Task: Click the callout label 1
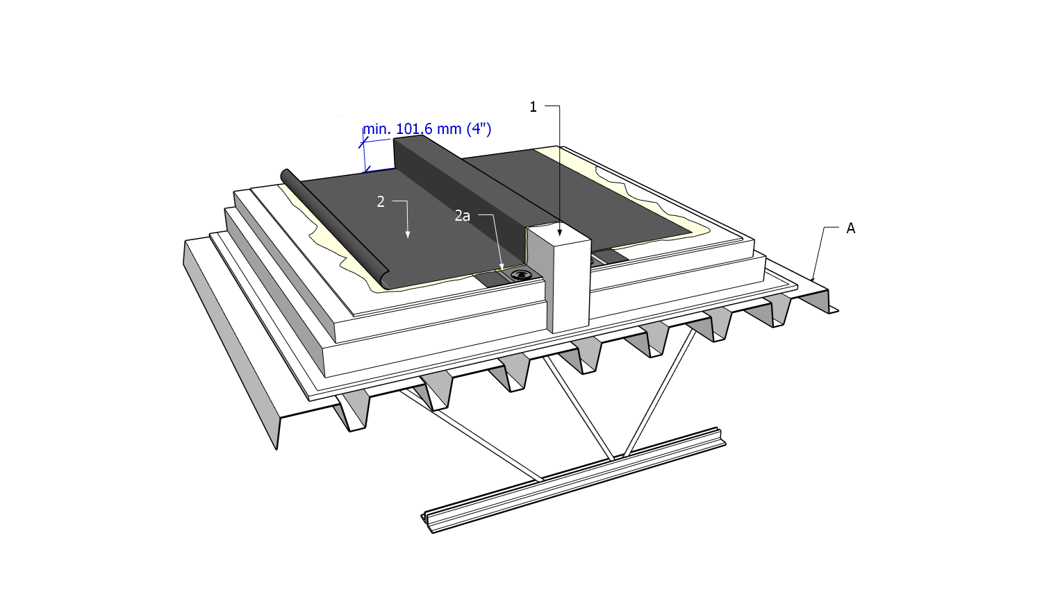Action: (x=533, y=107)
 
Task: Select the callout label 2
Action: (x=381, y=202)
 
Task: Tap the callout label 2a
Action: (x=462, y=216)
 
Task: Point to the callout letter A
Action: (x=850, y=228)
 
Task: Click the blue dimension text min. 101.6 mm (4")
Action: (x=427, y=129)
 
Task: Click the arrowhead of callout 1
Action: (x=560, y=232)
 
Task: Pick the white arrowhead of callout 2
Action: (x=408, y=235)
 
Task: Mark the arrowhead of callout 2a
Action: (x=502, y=266)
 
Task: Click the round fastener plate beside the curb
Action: (x=520, y=275)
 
